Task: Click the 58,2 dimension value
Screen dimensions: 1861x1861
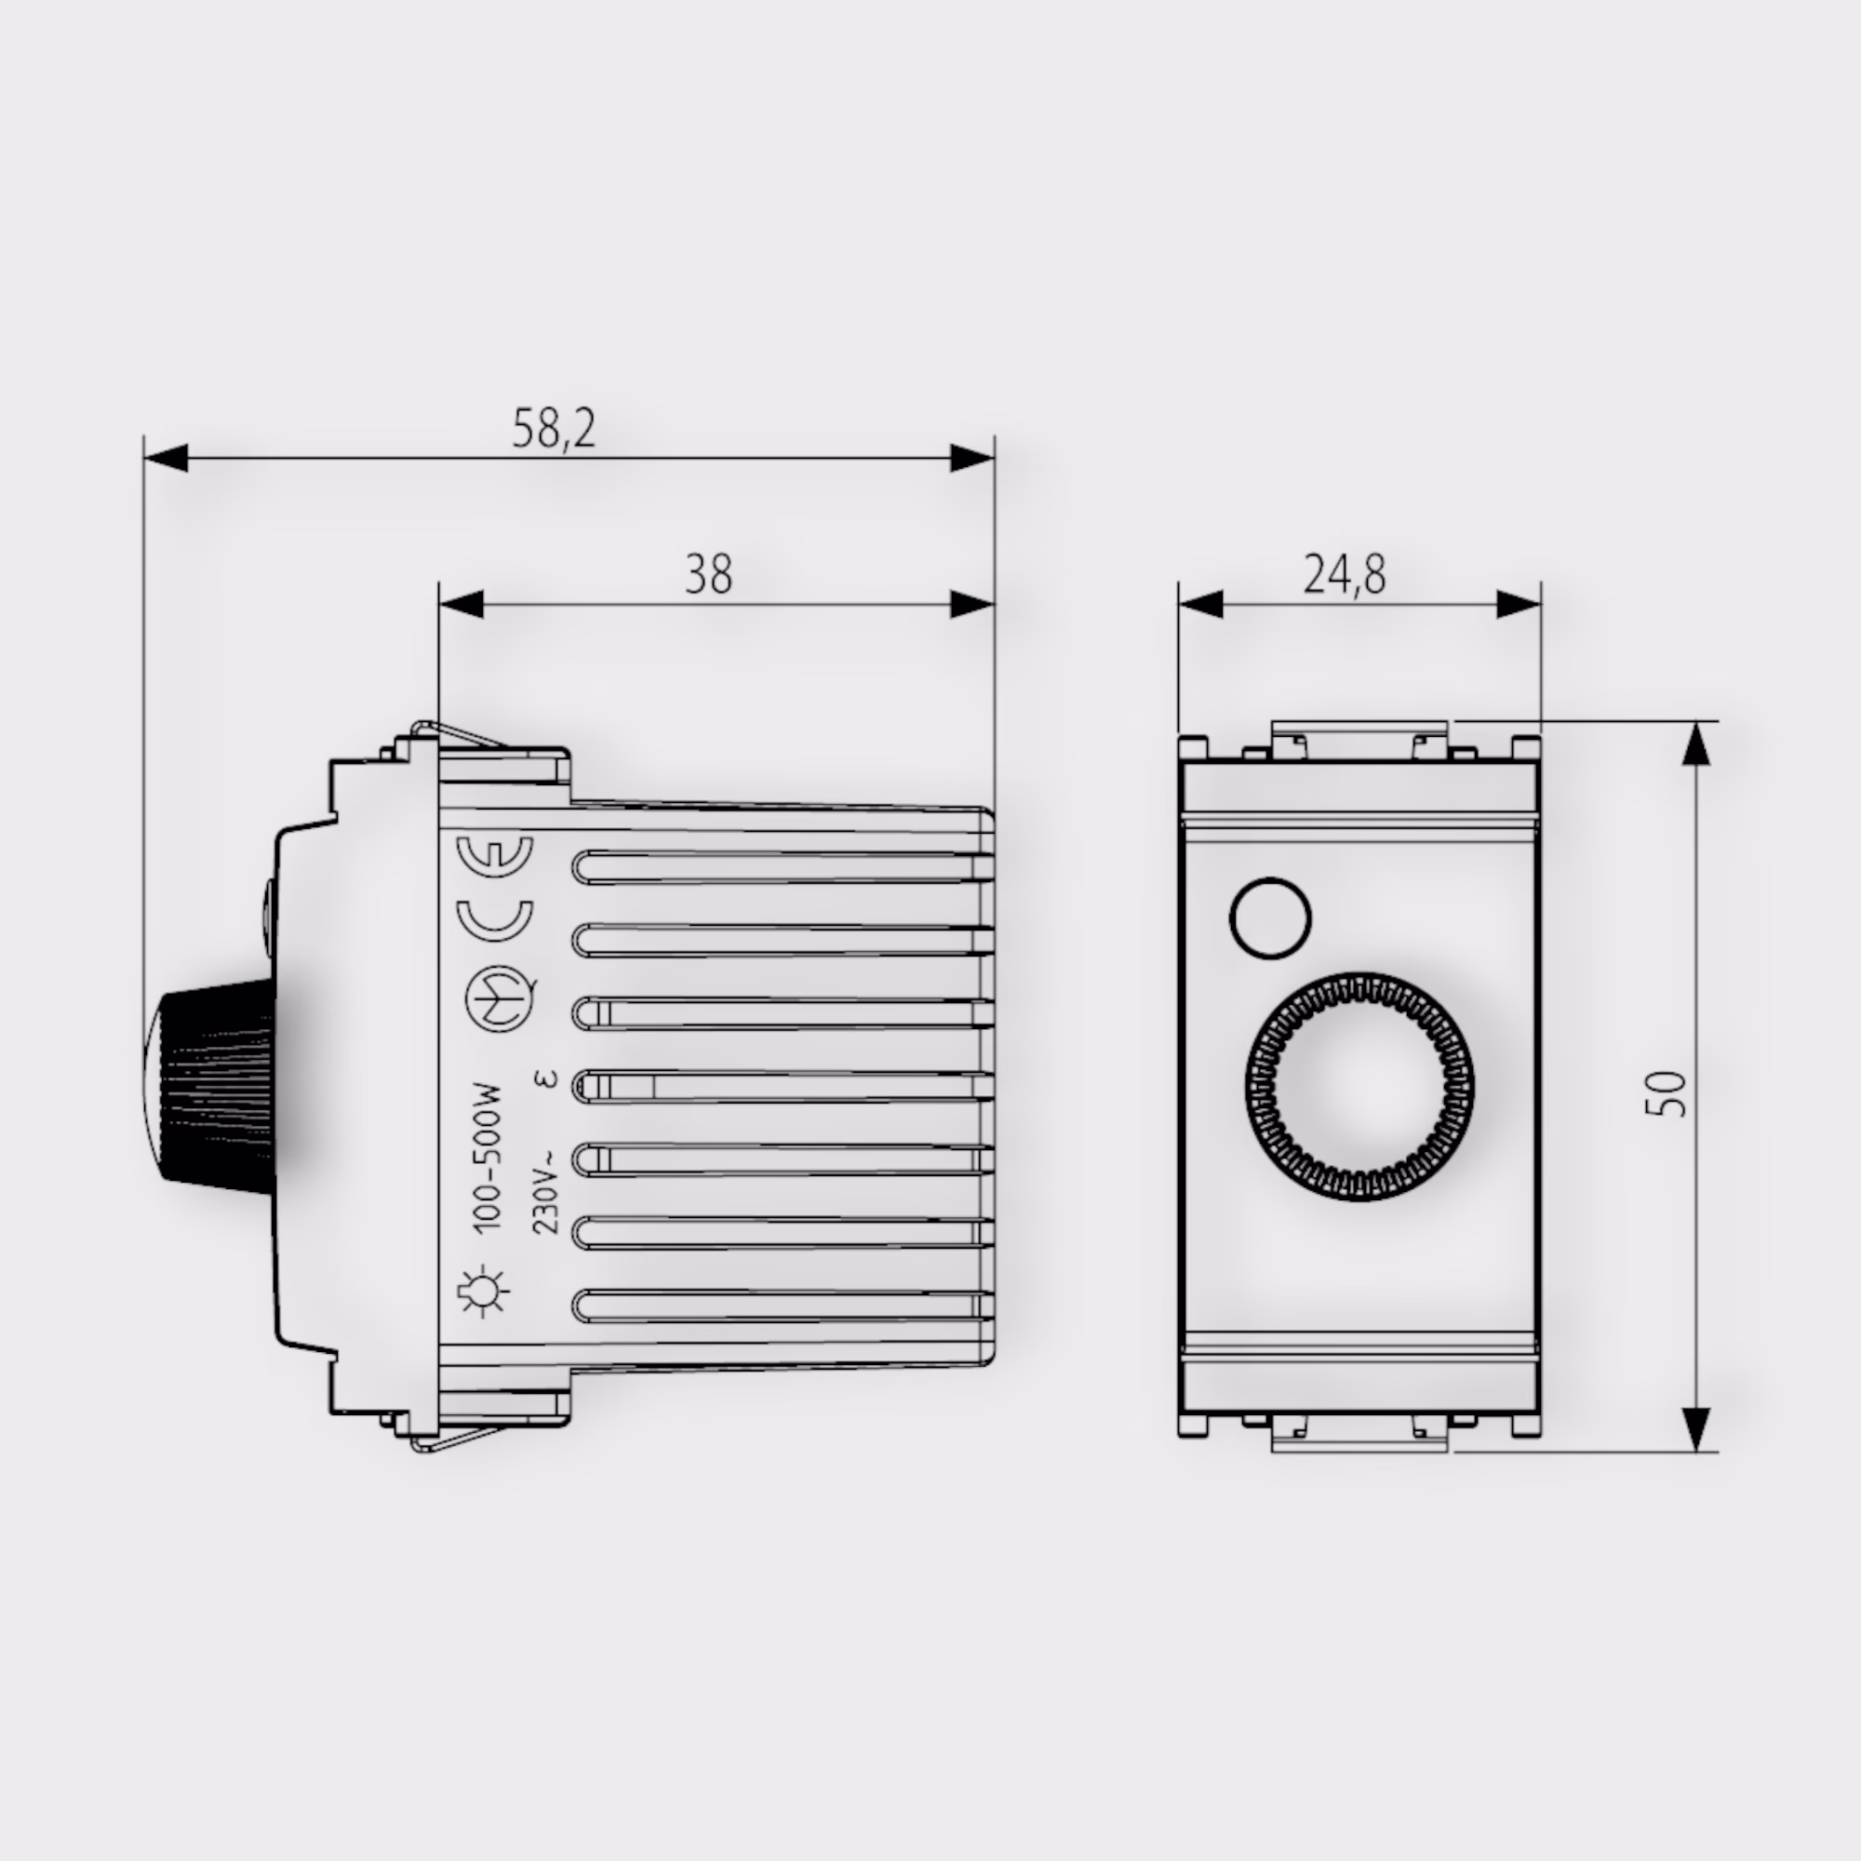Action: (x=554, y=429)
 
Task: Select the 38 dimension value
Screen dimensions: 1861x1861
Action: (x=709, y=575)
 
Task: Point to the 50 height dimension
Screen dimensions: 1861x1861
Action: (x=1667, y=1094)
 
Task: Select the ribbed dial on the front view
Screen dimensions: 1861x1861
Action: (x=1359, y=1087)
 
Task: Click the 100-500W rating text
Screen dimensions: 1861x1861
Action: (x=489, y=1157)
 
